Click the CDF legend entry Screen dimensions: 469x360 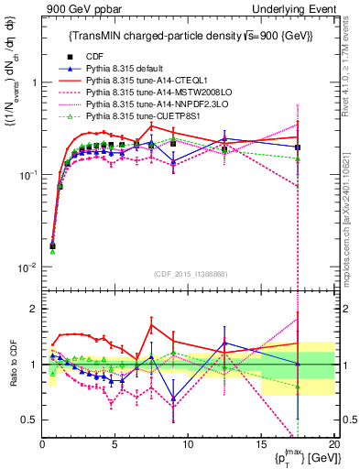click(x=93, y=58)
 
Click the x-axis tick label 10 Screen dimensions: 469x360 click(x=188, y=445)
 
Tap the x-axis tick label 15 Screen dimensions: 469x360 click(x=261, y=445)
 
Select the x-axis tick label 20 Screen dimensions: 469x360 click(x=333, y=445)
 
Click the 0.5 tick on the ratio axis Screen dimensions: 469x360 click(x=29, y=420)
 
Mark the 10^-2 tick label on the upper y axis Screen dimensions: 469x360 click(x=27, y=267)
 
